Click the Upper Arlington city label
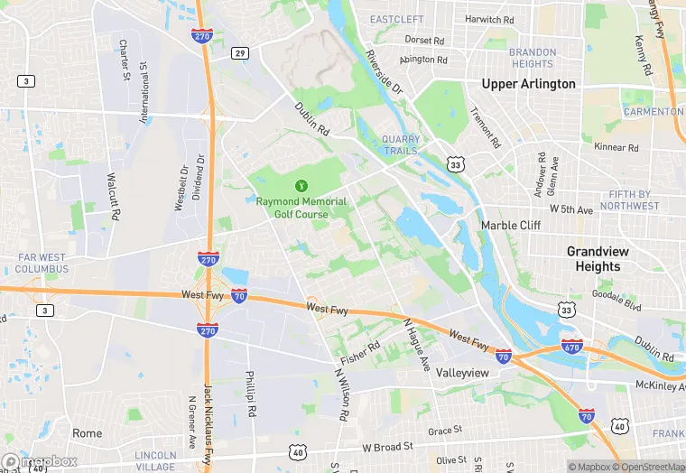pos(528,84)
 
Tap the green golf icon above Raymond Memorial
pos(302,184)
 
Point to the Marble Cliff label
pos(510,225)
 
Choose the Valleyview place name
pos(462,373)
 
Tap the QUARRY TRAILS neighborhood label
pos(401,144)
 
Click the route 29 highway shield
pos(239,53)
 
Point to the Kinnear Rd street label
pos(616,147)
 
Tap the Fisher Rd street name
pos(360,348)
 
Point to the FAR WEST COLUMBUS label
pos(42,264)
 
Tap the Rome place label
pos(88,433)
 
